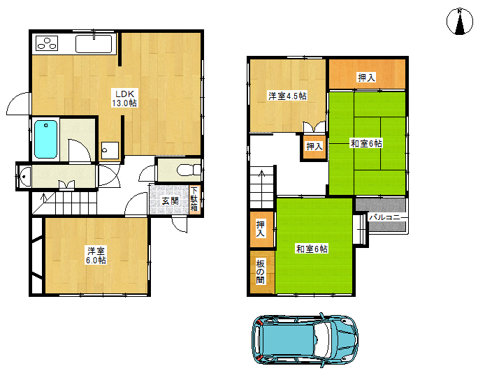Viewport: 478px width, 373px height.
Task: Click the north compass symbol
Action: [x=460, y=22]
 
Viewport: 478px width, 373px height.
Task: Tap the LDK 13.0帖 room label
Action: [x=124, y=98]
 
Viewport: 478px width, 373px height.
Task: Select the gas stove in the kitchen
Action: [x=47, y=43]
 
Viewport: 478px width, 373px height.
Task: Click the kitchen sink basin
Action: [x=94, y=44]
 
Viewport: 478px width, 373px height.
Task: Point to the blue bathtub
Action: [x=45, y=139]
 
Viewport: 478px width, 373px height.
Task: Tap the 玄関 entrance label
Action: [x=170, y=201]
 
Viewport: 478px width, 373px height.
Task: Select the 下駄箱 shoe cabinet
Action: [x=194, y=199]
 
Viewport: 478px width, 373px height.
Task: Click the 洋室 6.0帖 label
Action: [x=96, y=256]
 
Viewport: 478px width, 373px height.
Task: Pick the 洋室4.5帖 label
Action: [x=287, y=96]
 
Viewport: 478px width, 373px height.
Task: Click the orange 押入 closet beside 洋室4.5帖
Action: [x=314, y=147]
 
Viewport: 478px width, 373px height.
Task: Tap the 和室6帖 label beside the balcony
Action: [x=312, y=249]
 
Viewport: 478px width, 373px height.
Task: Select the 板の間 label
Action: [x=261, y=272]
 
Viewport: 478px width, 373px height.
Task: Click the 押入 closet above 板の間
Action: [x=261, y=229]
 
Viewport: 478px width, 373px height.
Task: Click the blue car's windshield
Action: [x=323, y=339]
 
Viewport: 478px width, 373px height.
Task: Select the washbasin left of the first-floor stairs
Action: [x=24, y=176]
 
